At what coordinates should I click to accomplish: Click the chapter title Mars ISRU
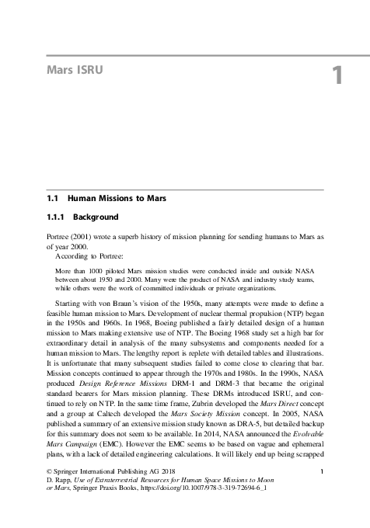[x=75, y=71]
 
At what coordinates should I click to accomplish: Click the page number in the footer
[x=321, y=471]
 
